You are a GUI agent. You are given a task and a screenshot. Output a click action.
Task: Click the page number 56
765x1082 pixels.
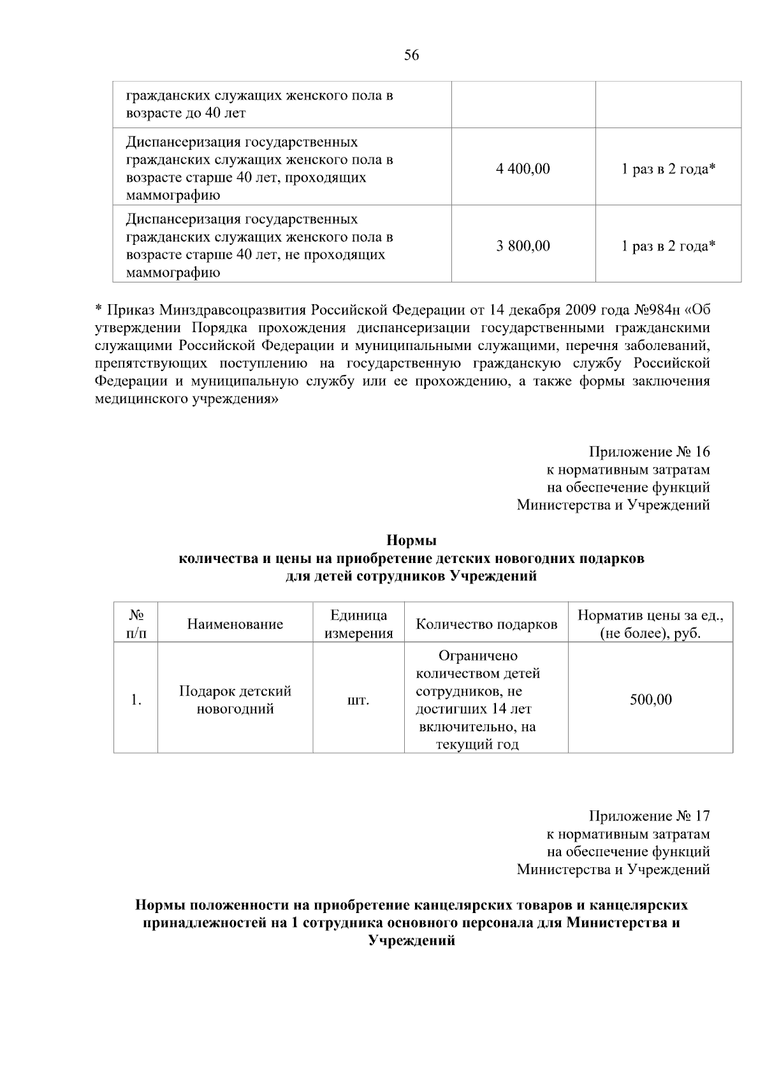pyautogui.click(x=412, y=55)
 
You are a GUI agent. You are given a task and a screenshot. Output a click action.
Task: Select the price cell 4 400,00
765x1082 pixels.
pyautogui.click(x=523, y=169)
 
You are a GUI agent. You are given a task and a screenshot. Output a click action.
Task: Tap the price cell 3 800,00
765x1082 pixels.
pyautogui.click(x=523, y=246)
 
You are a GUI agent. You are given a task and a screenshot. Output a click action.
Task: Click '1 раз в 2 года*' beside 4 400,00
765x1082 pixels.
pyautogui.click(x=668, y=169)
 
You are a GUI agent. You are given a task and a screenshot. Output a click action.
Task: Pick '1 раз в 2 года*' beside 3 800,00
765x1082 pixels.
pyautogui.click(x=668, y=246)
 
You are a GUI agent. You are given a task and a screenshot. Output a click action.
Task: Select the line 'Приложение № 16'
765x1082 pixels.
pyautogui.click(x=649, y=452)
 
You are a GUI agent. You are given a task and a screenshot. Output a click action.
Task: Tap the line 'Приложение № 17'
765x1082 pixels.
pyautogui.click(x=649, y=816)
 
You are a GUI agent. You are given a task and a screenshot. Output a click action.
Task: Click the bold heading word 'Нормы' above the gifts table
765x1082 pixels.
pyautogui.click(x=412, y=541)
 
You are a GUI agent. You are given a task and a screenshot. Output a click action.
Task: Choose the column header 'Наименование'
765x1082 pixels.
pyautogui.click(x=235, y=624)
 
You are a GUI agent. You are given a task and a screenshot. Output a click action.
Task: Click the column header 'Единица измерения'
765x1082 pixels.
pyautogui.click(x=358, y=624)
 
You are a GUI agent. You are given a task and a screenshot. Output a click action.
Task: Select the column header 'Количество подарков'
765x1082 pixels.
pyautogui.click(x=486, y=624)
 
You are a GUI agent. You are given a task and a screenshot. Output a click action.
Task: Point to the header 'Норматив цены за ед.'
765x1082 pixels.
pyautogui.click(x=650, y=616)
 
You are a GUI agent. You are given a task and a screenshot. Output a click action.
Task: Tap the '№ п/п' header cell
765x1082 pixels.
pyautogui.click(x=136, y=624)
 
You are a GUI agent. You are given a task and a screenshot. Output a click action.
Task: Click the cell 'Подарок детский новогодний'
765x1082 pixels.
pyautogui.click(x=235, y=700)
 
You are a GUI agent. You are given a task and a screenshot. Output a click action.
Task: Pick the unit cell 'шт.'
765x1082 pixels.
pyautogui.click(x=358, y=700)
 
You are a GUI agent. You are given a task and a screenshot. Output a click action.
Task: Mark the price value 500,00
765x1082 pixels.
pyautogui.click(x=650, y=700)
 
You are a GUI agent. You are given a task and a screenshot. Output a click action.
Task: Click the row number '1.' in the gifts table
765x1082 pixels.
pyautogui.click(x=136, y=700)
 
